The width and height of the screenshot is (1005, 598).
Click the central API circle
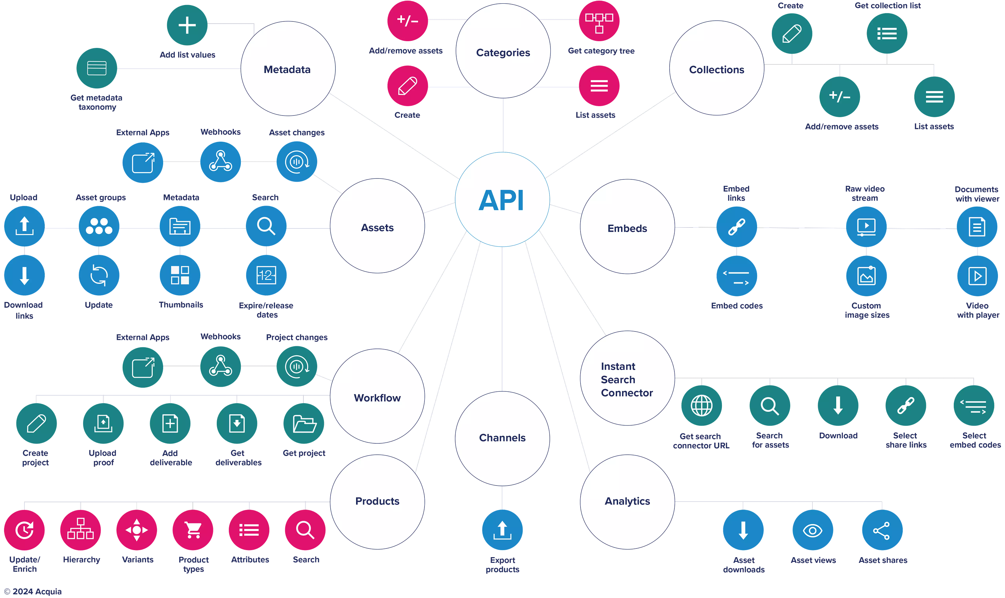[x=502, y=200]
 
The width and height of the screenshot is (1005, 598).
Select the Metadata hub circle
[x=287, y=69]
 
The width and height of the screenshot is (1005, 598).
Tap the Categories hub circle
[x=503, y=52]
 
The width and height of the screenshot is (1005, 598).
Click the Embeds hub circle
[x=627, y=228]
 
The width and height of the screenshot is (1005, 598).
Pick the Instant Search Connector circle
[x=627, y=379]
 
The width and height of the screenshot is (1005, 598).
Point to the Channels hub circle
[x=502, y=438]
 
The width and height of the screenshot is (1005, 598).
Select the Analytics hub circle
[x=627, y=501]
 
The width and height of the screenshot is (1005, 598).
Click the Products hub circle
[x=377, y=501]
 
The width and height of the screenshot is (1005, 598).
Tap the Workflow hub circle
[x=377, y=398]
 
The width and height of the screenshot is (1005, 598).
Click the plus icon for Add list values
[x=187, y=25]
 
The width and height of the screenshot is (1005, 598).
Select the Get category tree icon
[x=599, y=21]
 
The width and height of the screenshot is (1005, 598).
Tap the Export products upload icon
[x=502, y=530]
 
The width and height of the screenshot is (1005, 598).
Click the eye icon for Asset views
[x=812, y=530]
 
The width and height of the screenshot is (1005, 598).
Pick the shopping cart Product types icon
[x=193, y=530]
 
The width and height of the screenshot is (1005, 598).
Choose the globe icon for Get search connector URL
[x=701, y=405]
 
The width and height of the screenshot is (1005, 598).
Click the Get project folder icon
[x=304, y=424]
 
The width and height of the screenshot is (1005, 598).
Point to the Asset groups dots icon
[x=99, y=226]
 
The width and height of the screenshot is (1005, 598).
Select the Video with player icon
[x=977, y=276]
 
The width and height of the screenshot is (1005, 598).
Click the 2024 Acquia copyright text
[x=33, y=591]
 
